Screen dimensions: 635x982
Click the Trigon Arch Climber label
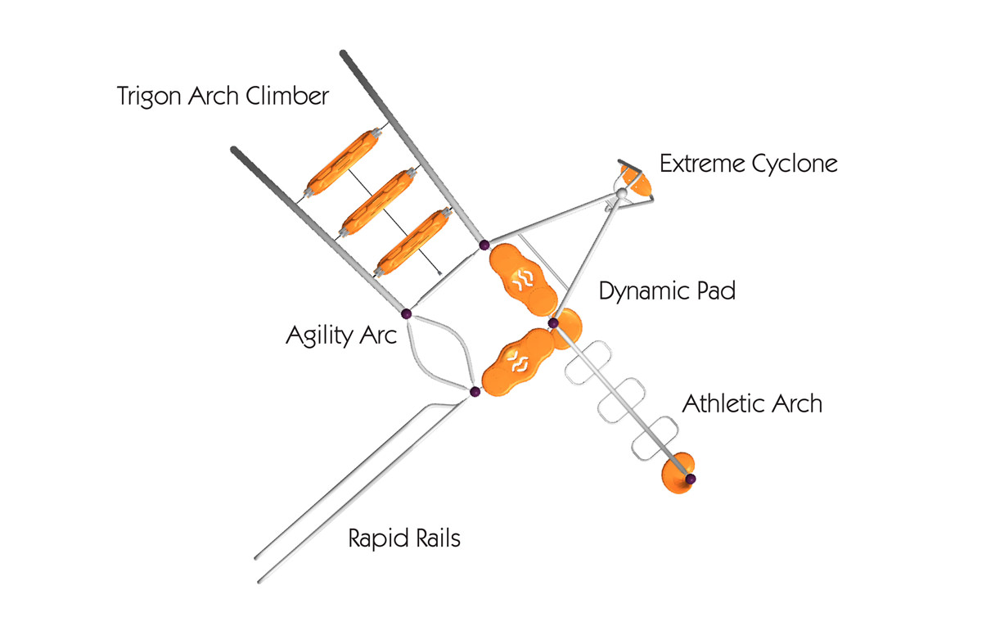(x=223, y=97)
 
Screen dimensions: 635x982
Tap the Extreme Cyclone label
(x=748, y=164)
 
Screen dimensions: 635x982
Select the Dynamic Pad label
(x=667, y=291)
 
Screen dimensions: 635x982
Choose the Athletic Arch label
(x=752, y=403)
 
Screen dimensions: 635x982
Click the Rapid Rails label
(x=404, y=538)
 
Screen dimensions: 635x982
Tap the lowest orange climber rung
(x=413, y=241)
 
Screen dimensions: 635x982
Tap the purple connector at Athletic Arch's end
(x=691, y=478)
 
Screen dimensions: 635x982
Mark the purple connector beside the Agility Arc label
(x=406, y=313)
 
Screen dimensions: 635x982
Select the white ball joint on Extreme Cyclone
(x=621, y=192)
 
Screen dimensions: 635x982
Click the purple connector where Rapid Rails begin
(x=474, y=393)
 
